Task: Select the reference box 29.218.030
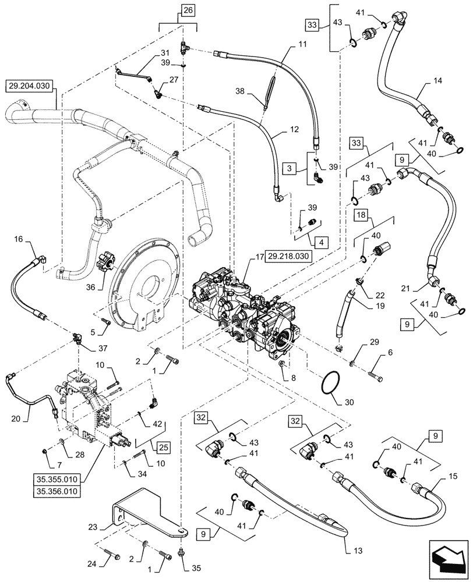pos(290,255)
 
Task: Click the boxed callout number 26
pos(188,10)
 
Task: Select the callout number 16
pos(19,239)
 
